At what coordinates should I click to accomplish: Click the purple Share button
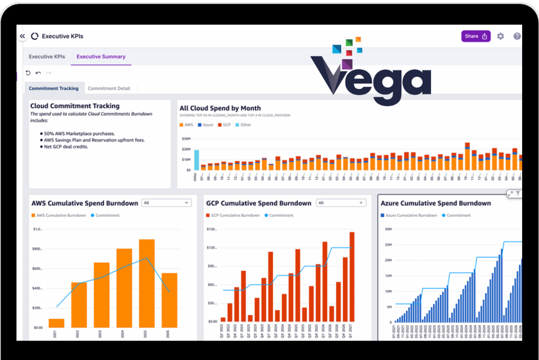476,36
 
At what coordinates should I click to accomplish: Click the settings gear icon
500,36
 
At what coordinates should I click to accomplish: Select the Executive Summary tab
101,57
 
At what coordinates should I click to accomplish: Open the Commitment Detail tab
109,88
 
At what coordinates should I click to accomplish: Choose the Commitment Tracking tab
53,88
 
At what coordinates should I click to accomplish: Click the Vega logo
370,74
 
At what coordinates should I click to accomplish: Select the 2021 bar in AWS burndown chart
56,323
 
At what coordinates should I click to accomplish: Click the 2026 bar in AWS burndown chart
169,300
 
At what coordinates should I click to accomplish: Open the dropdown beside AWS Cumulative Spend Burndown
167,203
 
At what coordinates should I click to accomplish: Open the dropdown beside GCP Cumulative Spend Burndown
341,203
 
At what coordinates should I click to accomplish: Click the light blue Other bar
196,160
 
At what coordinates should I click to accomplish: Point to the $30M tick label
186,139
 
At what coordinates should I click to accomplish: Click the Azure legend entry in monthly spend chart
206,125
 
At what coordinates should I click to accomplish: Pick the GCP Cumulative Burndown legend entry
232,216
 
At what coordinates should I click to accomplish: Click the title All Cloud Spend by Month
220,108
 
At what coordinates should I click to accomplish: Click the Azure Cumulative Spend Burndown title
435,203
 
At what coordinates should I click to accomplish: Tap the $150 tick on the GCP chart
212,229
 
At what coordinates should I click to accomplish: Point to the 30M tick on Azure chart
388,229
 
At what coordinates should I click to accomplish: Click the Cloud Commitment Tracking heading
75,106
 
